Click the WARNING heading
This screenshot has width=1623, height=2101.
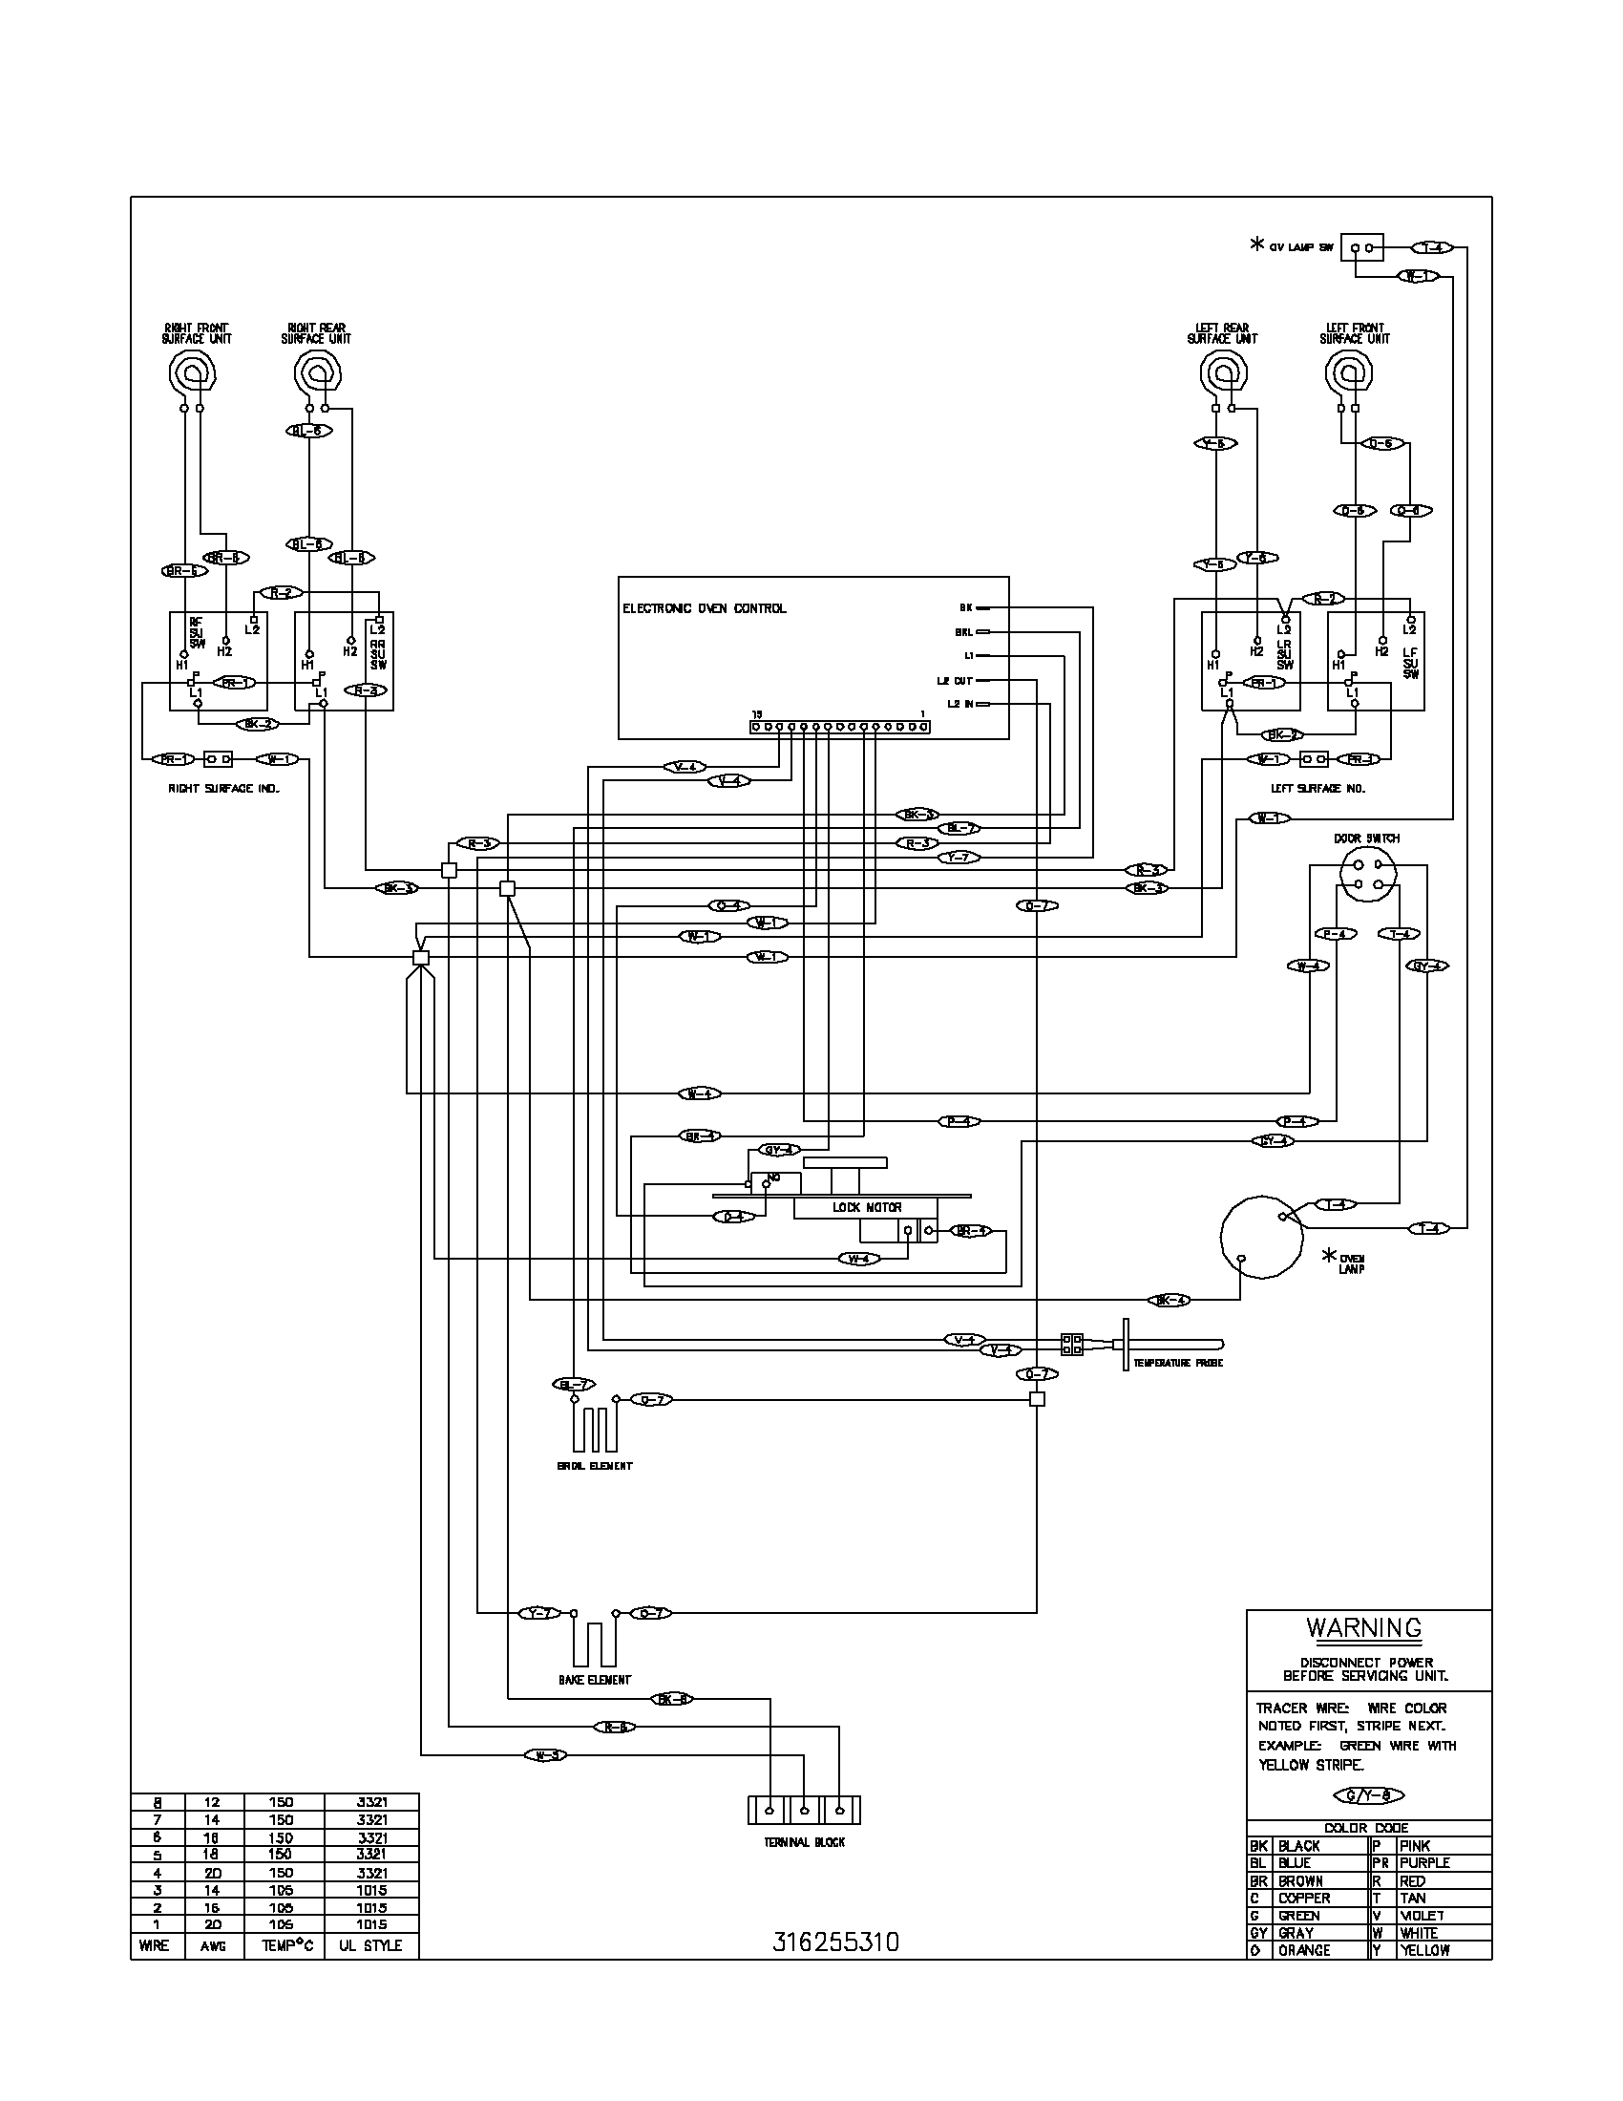(x=1363, y=1628)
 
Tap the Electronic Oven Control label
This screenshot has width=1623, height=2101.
(x=704, y=608)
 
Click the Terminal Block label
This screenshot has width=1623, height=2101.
(x=804, y=1843)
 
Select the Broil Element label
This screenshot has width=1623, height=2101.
(x=595, y=1466)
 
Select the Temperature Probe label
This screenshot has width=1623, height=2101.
(x=1177, y=1363)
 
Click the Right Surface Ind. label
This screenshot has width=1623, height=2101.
(x=224, y=789)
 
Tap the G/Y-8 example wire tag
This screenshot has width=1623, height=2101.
(x=1369, y=1795)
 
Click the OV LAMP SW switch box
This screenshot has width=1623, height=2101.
(x=1361, y=248)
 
